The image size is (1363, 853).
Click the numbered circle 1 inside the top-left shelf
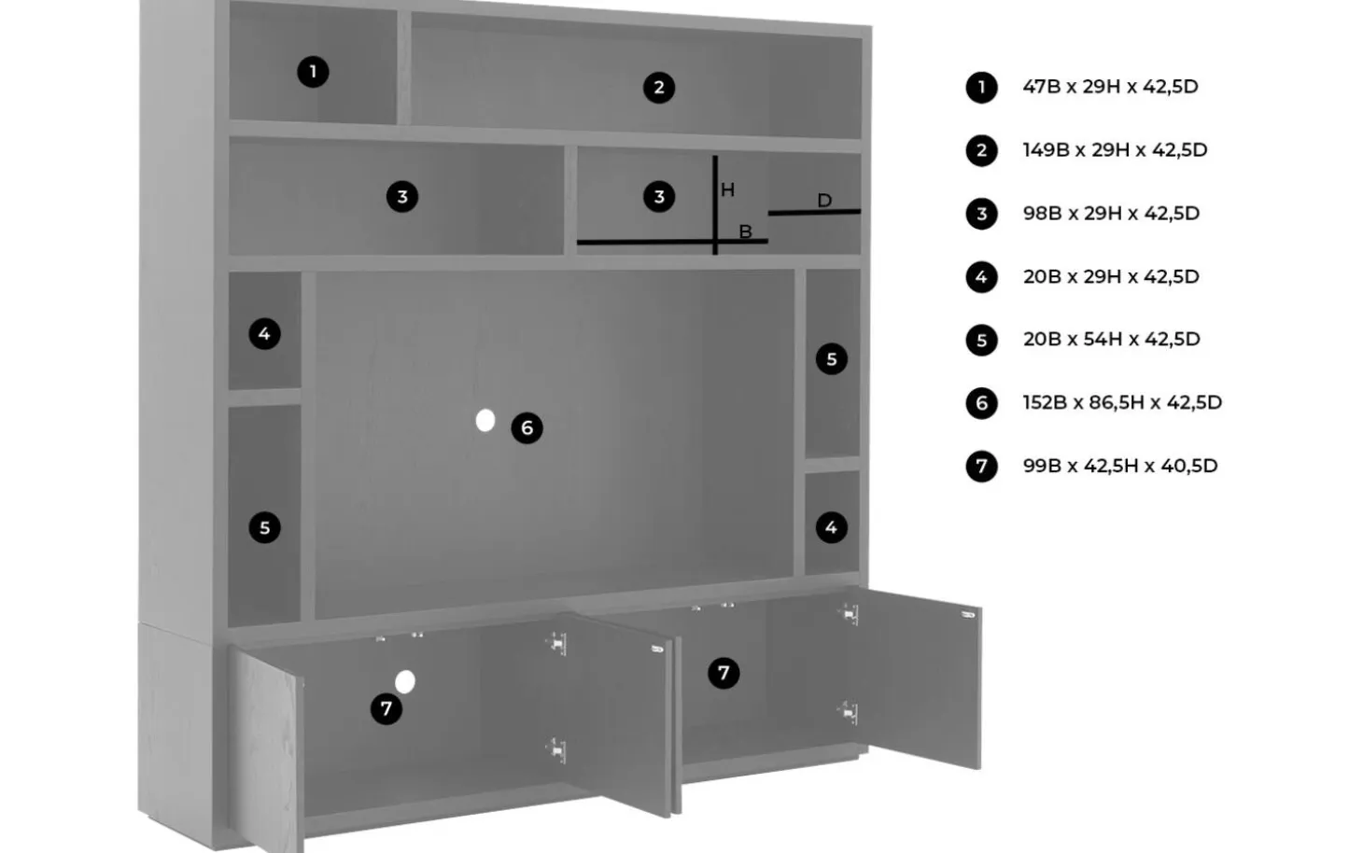pos(313,72)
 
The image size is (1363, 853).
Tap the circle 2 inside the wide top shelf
pos(659,88)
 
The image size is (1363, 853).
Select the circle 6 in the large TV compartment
pos(527,427)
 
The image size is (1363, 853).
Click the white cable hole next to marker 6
pos(485,420)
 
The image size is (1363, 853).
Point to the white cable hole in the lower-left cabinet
pos(404,682)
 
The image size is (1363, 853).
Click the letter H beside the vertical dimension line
pos(728,189)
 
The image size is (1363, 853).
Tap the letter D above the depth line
pos(824,200)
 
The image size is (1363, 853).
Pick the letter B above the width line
pos(745,231)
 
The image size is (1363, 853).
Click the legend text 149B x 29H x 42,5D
pos(1115,149)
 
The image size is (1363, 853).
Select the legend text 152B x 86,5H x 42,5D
pos(1122,402)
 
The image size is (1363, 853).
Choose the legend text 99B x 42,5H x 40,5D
pos(1120,466)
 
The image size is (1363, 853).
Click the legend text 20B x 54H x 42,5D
pos(1111,339)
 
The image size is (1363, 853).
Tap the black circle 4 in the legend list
pos(981,277)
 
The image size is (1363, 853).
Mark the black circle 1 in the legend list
pos(981,87)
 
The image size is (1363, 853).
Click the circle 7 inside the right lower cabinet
pos(724,673)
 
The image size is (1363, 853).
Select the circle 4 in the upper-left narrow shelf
pos(265,333)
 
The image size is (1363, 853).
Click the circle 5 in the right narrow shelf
pos(832,359)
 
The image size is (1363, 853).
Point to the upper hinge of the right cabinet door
pos(850,613)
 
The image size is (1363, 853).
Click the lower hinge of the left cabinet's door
pos(556,749)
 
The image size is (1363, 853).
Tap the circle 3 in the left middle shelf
pos(402,197)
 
